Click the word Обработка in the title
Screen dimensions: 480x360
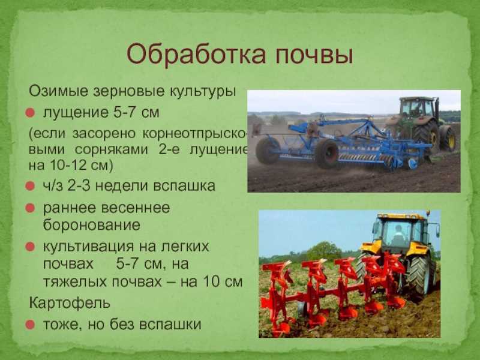(196, 55)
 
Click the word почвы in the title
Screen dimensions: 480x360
(314, 55)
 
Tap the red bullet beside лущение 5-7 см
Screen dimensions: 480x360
(31, 113)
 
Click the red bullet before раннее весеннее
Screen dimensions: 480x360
(31, 208)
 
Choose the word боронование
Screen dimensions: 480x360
(92, 225)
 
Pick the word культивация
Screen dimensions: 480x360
(88, 247)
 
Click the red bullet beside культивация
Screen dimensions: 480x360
(31, 247)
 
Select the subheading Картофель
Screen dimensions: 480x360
(70, 303)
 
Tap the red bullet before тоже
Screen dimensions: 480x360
(31, 325)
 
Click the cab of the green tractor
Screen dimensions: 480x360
(418, 107)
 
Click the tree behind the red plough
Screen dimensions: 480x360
(324, 251)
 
